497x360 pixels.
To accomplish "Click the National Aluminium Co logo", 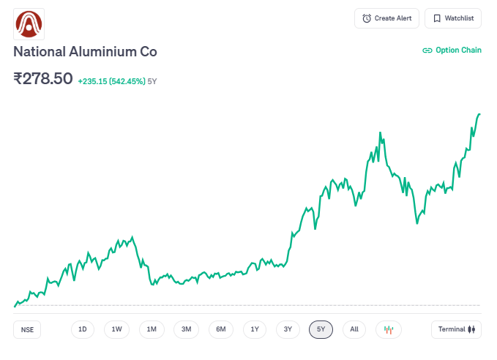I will tap(29, 24).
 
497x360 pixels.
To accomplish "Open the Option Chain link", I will tap(452, 50).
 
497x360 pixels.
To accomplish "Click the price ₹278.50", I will tap(43, 78).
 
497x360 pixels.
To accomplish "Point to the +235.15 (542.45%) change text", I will tap(111, 81).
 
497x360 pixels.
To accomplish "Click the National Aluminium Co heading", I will tap(85, 52).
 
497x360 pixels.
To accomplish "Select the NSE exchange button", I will tap(28, 329).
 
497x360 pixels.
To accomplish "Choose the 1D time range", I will tap(83, 329).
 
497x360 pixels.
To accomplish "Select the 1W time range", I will tap(116, 329).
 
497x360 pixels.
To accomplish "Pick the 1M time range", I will tap(152, 329).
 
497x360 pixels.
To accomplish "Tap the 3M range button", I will tap(186, 329).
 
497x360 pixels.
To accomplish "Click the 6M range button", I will tap(220, 329).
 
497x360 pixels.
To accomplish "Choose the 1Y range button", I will tap(254, 329).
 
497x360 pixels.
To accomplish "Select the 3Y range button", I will tap(288, 329).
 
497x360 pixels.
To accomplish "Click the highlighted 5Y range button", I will tap(321, 329).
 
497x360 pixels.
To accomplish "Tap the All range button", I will tap(354, 329).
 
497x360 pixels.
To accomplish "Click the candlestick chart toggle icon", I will tap(389, 329).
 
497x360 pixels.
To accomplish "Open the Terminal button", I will tap(456, 329).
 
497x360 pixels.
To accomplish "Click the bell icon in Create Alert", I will tap(367, 18).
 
